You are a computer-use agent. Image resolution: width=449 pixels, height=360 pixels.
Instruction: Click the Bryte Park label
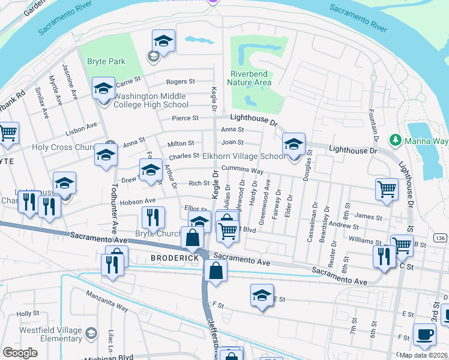pyautogui.click(x=106, y=61)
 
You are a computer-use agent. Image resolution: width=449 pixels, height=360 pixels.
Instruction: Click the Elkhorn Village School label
pyautogui.click(x=244, y=156)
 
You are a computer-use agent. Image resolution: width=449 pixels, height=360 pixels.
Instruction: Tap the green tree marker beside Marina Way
pyautogui.click(x=395, y=140)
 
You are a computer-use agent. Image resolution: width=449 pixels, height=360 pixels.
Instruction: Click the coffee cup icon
pyautogui.click(x=426, y=336)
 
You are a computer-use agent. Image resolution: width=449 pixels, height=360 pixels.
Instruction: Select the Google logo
pyautogui.click(x=20, y=352)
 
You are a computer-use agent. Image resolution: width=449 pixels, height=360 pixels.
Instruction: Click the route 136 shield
pyautogui.click(x=440, y=238)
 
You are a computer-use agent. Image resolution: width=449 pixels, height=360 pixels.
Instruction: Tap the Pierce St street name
pyautogui.click(x=185, y=118)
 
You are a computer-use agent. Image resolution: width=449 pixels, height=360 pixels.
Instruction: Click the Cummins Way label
pyautogui.click(x=243, y=170)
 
